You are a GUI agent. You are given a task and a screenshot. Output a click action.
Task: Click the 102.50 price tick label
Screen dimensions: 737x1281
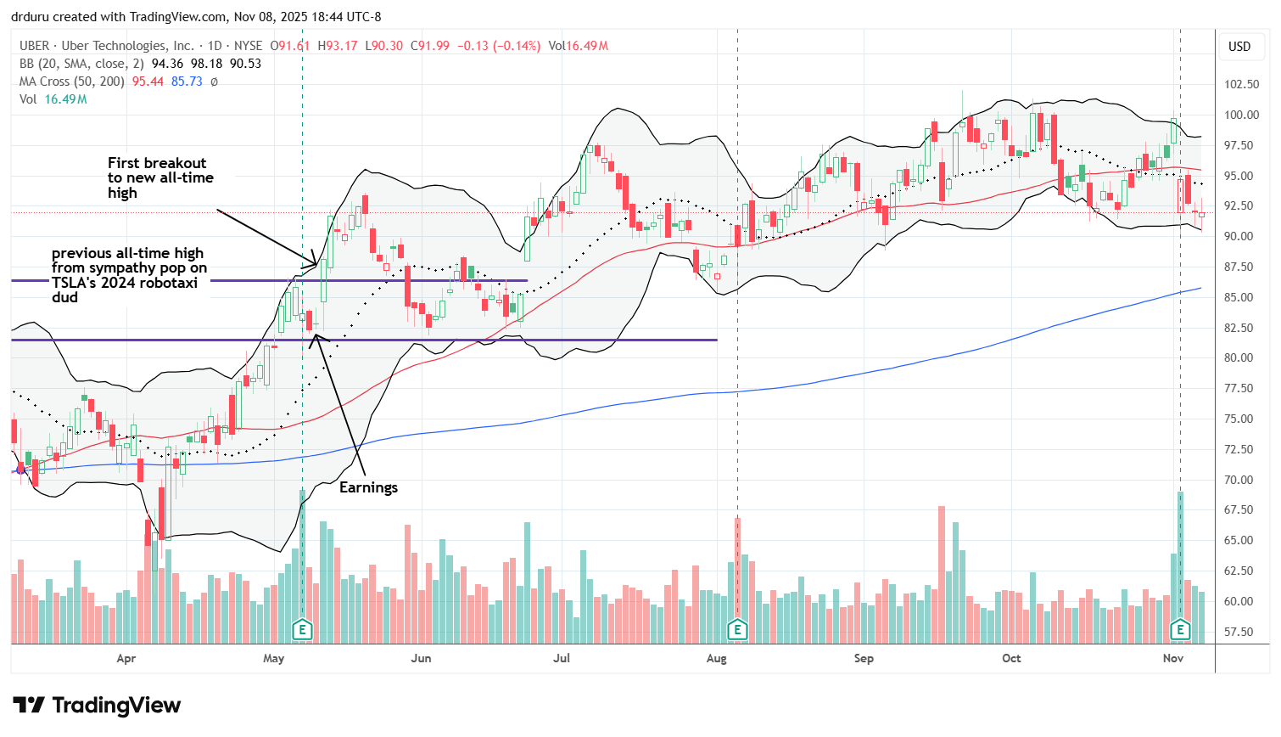pos(1241,84)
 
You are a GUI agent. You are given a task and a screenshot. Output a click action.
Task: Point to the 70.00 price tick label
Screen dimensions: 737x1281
pos(1241,480)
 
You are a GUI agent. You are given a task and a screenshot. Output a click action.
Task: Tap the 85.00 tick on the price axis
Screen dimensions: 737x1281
pos(1241,297)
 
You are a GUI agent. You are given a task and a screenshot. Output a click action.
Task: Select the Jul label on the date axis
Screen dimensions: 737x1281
pos(562,658)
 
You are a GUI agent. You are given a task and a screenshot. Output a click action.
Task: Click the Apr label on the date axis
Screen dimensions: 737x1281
pos(126,658)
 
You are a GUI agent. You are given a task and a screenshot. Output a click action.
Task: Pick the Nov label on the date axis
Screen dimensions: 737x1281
pos(1173,658)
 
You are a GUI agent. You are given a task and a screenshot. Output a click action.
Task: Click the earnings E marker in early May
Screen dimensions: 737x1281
pos(302,630)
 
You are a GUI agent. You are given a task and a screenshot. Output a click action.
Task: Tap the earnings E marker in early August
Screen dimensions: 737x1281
pos(737,630)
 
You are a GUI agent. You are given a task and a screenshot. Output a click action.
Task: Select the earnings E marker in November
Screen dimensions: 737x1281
pos(1180,630)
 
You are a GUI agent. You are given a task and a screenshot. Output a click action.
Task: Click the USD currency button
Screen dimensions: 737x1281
pos(1239,47)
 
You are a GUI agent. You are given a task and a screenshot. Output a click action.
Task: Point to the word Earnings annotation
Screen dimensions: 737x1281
pos(368,487)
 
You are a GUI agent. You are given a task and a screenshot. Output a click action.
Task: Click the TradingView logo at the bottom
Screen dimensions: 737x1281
pos(97,706)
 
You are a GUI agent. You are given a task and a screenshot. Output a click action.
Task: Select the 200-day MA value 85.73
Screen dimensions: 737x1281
pos(187,82)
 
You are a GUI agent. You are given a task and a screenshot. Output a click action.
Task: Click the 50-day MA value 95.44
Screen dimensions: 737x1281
pos(148,82)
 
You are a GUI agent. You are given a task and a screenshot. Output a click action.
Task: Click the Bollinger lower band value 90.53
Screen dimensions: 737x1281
pos(245,64)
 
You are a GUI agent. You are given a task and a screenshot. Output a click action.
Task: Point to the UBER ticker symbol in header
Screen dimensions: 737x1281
pos(35,46)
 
